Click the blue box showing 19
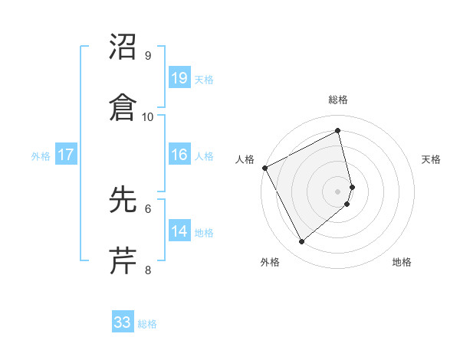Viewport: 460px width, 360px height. coord(179,77)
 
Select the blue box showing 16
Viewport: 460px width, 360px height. coord(179,155)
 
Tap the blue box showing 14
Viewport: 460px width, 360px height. coord(179,231)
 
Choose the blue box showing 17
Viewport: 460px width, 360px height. coord(66,155)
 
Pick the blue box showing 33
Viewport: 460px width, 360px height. coord(123,322)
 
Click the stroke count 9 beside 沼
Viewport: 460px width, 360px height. coord(148,56)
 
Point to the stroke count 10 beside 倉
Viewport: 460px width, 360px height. coord(148,117)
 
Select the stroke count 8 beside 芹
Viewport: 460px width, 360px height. coord(148,270)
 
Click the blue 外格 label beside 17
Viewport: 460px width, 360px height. coord(41,155)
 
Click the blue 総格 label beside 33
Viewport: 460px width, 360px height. coord(147,324)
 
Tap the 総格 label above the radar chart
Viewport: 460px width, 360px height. coord(338,100)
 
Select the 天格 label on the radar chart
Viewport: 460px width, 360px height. coord(432,159)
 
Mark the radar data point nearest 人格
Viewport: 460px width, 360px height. coord(264,168)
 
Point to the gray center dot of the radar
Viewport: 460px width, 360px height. coord(338,191)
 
